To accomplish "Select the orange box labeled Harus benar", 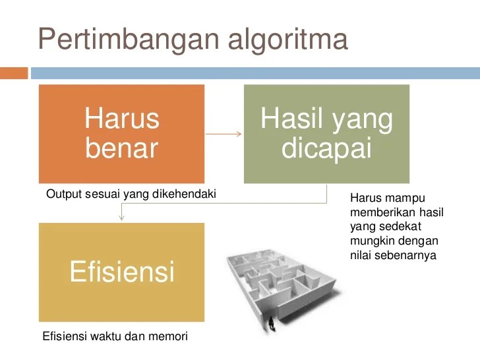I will (x=121, y=134).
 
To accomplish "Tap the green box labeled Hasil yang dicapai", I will (x=326, y=134).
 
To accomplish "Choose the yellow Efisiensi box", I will (x=121, y=272).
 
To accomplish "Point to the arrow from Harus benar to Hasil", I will (x=224, y=134).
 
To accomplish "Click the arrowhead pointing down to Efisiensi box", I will (x=121, y=218).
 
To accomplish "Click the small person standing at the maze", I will (x=271, y=323).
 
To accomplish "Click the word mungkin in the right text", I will (x=370, y=241).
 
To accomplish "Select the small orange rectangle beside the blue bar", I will (x=14, y=73).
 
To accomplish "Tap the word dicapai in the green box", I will (x=326, y=148).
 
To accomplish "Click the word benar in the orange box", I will (x=122, y=148).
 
